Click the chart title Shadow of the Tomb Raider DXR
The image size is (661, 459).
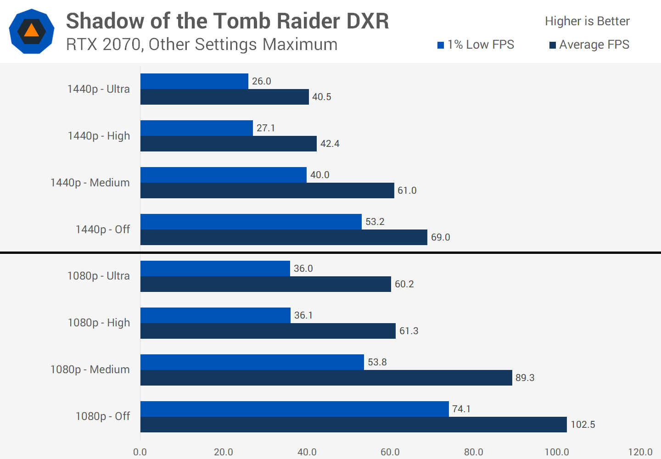[x=227, y=21]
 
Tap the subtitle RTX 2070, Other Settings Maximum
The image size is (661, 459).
[x=202, y=45]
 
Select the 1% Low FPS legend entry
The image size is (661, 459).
[x=476, y=45]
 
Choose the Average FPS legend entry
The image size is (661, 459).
[x=589, y=45]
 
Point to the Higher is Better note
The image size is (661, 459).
[x=587, y=21]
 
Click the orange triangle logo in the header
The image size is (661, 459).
[x=31, y=31]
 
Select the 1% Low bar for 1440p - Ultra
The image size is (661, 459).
[x=194, y=81]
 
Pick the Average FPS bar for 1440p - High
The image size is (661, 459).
[x=228, y=144]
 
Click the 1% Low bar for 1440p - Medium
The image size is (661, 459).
[x=223, y=175]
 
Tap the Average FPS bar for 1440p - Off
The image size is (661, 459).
[x=284, y=237]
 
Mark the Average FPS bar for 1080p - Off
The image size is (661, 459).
[x=353, y=425]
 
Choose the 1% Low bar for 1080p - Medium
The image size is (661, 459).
[x=252, y=362]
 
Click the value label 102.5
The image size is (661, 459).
[x=583, y=425]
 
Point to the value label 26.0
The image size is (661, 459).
[x=261, y=81]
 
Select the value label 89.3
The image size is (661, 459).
[x=525, y=378]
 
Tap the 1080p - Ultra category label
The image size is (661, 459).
[x=98, y=276]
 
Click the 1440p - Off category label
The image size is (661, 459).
[x=102, y=229]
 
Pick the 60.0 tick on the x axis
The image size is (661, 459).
[x=390, y=452]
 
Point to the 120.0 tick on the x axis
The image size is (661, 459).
[x=640, y=452]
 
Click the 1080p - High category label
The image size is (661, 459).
[x=99, y=323]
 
